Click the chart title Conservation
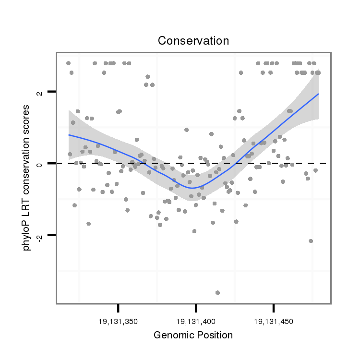coord(193,41)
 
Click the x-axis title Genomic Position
coord(193,335)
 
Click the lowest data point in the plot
coord(217,292)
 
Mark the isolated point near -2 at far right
coord(311,241)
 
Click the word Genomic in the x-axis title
coord(171,335)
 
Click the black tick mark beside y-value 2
coord(52,92)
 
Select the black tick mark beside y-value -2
coord(52,235)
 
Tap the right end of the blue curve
coord(318,94)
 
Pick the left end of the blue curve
coord(69,135)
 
